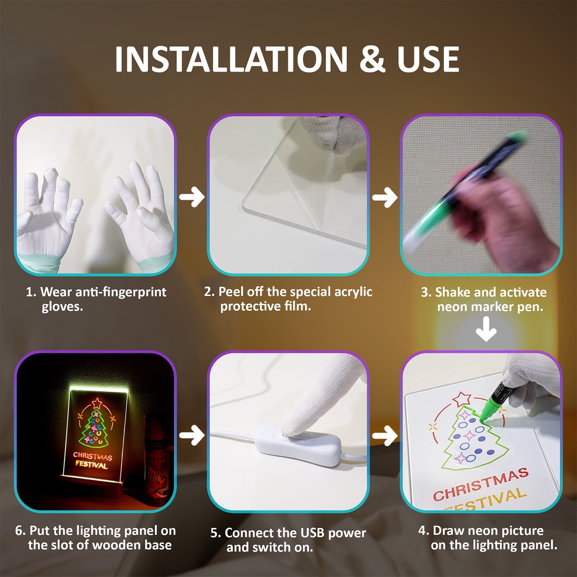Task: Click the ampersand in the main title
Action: click(x=372, y=59)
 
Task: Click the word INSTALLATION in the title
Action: click(x=231, y=59)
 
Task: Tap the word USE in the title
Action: click(x=428, y=59)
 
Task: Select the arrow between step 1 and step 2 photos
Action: click(x=192, y=197)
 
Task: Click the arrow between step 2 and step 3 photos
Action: click(x=384, y=197)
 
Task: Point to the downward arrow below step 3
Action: click(x=486, y=329)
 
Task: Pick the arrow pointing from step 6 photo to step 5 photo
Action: click(x=192, y=436)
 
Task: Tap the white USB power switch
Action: click(x=298, y=444)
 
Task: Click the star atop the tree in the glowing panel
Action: click(x=97, y=403)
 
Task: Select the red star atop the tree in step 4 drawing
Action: click(x=461, y=399)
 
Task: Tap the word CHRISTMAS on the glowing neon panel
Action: click(x=92, y=456)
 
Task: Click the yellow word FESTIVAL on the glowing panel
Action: click(x=92, y=465)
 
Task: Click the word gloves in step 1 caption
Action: click(x=62, y=307)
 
